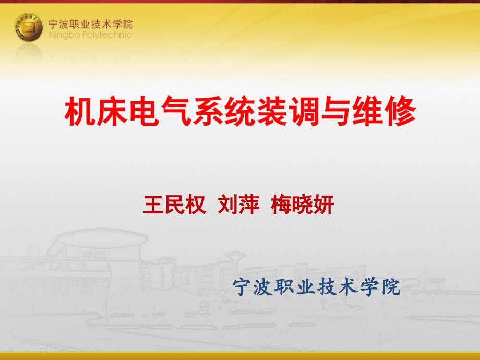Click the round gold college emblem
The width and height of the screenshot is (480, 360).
28,27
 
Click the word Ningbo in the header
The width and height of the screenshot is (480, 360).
64,35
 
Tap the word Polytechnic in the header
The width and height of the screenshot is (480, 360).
107,35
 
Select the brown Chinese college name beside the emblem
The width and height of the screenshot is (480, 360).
90,24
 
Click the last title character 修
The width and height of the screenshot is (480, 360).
400,111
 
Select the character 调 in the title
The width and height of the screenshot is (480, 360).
304,111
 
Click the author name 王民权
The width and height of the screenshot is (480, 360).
174,205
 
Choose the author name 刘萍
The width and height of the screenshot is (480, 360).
239,205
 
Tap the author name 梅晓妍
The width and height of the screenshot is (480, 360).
303,205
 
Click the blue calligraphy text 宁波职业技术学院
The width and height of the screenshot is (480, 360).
317,287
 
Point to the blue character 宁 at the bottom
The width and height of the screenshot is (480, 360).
243,287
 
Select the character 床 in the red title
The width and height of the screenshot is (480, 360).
112,111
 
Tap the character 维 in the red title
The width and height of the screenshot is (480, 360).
368,111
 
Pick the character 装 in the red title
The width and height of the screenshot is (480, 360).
272,111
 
